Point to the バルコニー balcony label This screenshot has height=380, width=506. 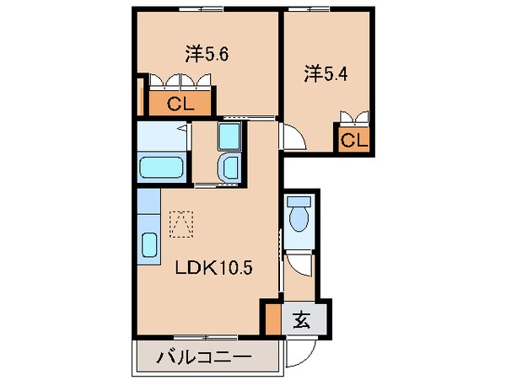coord(203,358)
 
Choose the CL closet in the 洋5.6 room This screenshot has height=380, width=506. coord(180,104)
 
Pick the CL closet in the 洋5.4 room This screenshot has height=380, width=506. coord(354,140)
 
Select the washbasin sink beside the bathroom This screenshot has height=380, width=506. coord(229,168)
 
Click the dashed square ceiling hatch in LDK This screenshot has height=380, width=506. coord(181,222)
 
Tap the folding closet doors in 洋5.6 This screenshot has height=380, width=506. coord(184,83)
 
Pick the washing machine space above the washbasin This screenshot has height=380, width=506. coord(229,135)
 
